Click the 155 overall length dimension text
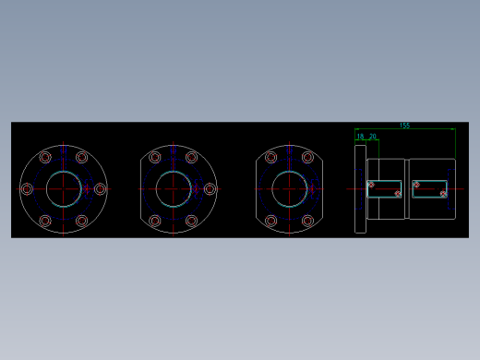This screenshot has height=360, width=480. click(x=404, y=126)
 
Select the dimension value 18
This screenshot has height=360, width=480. click(x=360, y=137)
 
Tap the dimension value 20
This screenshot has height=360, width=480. click(x=372, y=137)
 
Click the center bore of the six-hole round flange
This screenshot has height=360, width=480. click(x=63, y=189)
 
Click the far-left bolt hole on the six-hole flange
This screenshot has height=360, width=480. click(x=27, y=189)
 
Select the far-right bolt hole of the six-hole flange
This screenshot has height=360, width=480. click(x=100, y=189)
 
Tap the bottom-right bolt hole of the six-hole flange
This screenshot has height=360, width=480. click(x=81, y=221)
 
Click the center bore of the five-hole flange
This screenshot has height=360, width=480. click(x=173, y=189)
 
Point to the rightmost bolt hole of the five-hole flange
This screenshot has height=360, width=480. click(x=210, y=189)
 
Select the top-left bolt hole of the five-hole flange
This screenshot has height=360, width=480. click(x=155, y=158)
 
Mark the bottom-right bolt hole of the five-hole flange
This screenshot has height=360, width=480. click(x=191, y=221)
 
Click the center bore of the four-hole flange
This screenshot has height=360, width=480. click(x=289, y=189)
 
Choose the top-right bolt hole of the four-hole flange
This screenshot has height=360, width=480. click(x=306, y=158)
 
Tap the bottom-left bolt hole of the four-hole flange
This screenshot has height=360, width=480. click(x=270, y=221)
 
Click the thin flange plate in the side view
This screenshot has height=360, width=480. click(x=360, y=189)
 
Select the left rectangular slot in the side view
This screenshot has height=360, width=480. click(x=385, y=189)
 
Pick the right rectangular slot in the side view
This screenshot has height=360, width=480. click(x=429, y=189)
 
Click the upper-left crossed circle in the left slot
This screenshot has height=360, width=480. click(x=371, y=185)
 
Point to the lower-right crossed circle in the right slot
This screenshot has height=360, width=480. click(x=443, y=194)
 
